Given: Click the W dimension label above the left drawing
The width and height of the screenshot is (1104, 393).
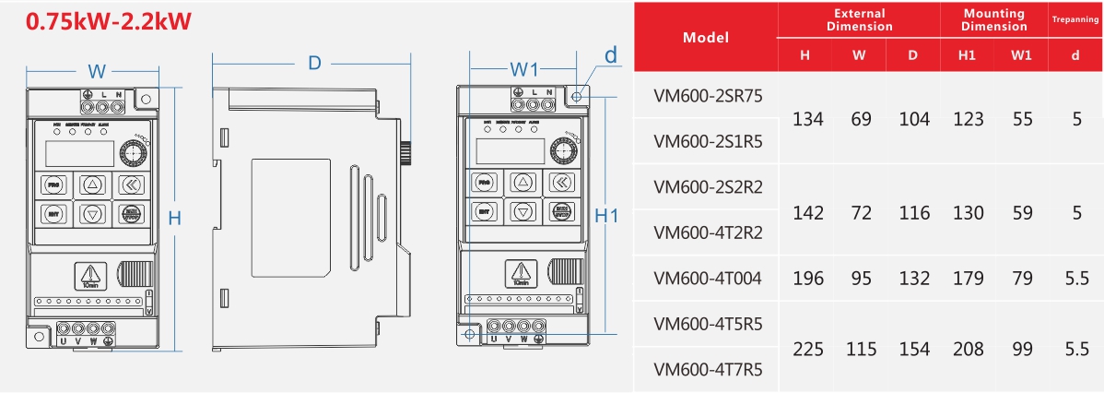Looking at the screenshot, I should [x=95, y=72].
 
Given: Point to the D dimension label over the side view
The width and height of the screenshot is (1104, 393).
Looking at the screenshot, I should [x=314, y=64].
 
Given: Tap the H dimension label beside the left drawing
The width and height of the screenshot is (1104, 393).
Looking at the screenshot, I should [x=174, y=218].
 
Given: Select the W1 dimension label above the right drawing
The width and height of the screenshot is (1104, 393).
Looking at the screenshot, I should [x=523, y=70].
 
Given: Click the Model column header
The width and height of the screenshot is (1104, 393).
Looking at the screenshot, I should [x=705, y=38].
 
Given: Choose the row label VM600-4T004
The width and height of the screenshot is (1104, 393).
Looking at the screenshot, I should [x=708, y=278].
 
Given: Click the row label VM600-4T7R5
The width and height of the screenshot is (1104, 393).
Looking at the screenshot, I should [x=708, y=370].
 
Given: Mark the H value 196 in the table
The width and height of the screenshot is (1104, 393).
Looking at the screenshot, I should [x=807, y=278].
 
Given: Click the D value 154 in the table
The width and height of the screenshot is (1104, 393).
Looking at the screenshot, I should [x=914, y=350].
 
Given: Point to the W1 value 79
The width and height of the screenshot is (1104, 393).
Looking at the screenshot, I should [x=1021, y=278].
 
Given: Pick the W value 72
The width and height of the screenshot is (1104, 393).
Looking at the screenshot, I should [x=861, y=212].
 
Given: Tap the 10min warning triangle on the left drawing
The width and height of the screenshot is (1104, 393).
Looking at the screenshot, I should [x=90, y=273].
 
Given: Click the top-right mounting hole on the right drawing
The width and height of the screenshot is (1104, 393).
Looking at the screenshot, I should [x=577, y=96].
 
